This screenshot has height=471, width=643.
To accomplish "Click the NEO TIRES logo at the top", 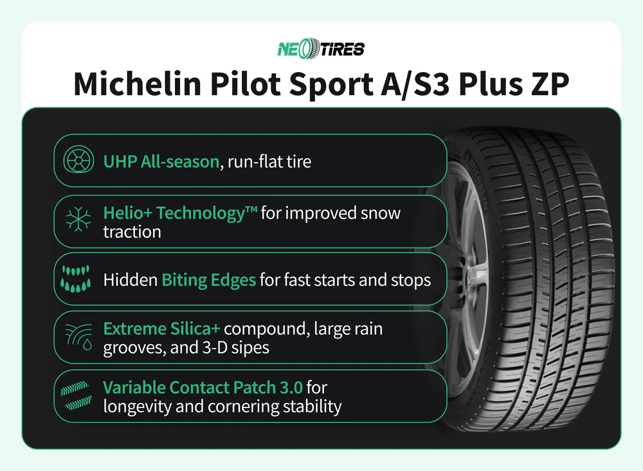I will (321, 49).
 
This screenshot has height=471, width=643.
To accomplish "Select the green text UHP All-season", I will (161, 161).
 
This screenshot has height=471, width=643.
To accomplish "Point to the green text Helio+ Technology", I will (180, 212).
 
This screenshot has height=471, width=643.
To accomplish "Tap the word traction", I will (132, 231).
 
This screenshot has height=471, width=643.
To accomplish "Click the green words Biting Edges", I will (208, 280).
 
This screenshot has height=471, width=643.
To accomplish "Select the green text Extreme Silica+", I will (161, 329).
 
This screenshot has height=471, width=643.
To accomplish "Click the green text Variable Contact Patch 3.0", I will (203, 387).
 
